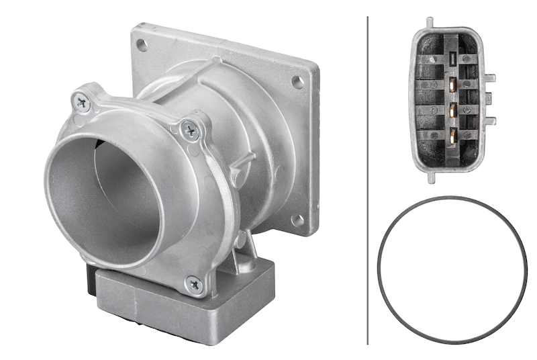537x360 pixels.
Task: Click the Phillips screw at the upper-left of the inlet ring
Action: tap(82, 103)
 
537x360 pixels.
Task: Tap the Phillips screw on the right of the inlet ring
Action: tap(191, 130)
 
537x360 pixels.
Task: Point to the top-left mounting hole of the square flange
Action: tap(142, 45)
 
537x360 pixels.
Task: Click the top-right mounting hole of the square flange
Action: tap(297, 82)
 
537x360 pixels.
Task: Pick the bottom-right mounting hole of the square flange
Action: tap(298, 220)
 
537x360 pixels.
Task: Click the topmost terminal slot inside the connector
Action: tap(452, 59)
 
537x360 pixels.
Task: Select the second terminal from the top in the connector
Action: tap(454, 85)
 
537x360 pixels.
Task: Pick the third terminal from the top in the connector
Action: tap(454, 109)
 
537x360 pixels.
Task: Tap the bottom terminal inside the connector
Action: tap(454, 135)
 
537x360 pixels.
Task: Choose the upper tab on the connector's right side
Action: tap(490, 78)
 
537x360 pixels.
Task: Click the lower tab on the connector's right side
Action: tap(490, 121)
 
